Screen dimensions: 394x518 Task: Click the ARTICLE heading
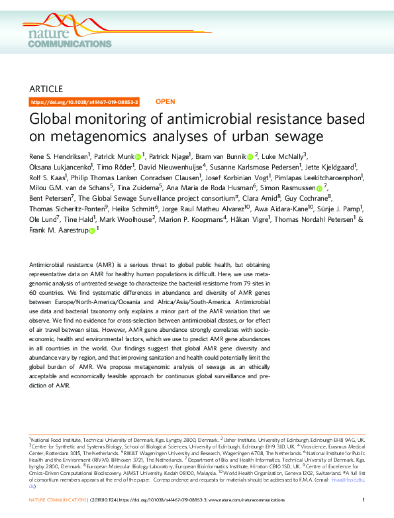[x=46, y=89]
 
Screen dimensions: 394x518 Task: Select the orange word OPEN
[x=165, y=102]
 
